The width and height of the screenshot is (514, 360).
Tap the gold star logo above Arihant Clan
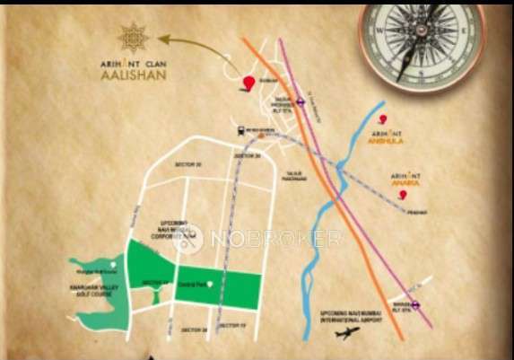tap(135, 38)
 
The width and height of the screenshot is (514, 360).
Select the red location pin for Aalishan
tap(248, 84)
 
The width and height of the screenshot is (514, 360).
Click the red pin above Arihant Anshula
tap(384, 120)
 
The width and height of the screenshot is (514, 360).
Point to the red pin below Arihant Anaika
tap(403, 195)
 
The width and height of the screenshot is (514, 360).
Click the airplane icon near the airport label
tap(345, 332)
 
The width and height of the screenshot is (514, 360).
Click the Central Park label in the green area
tap(196, 284)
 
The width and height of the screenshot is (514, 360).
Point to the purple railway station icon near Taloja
tap(303, 101)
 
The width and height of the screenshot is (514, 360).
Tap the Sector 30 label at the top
tap(187, 165)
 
